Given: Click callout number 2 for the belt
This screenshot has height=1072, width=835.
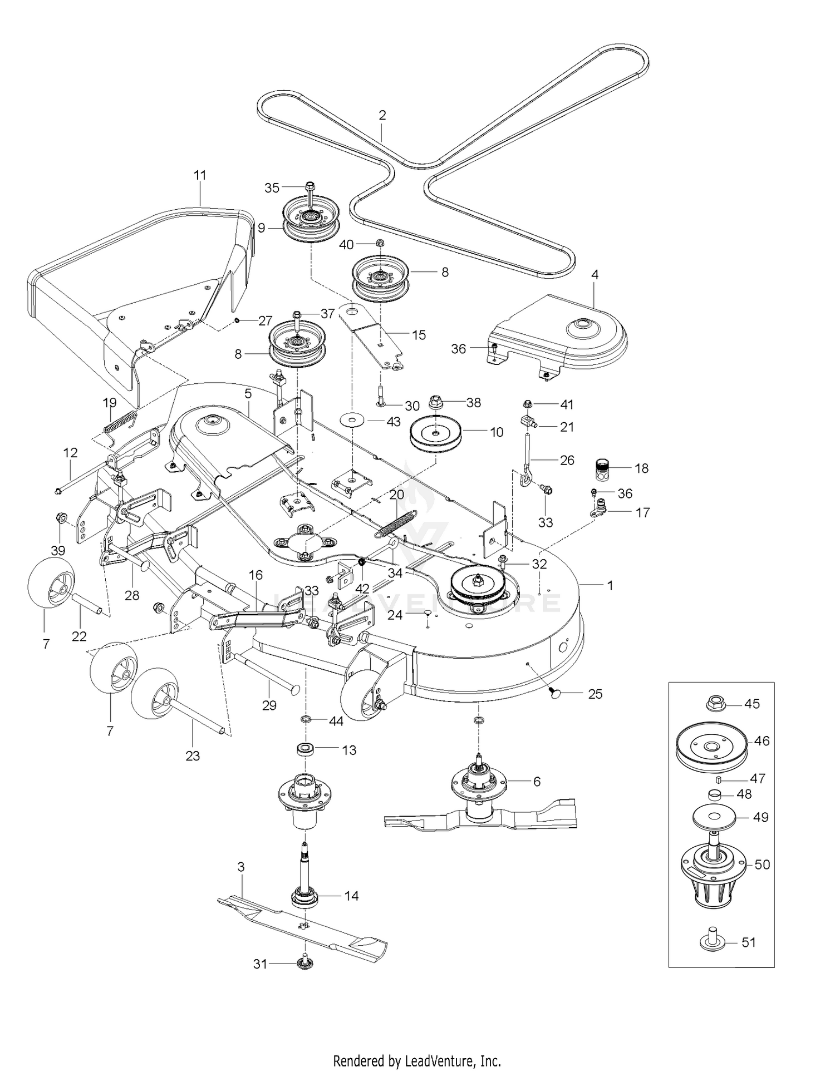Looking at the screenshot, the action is (x=382, y=116).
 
